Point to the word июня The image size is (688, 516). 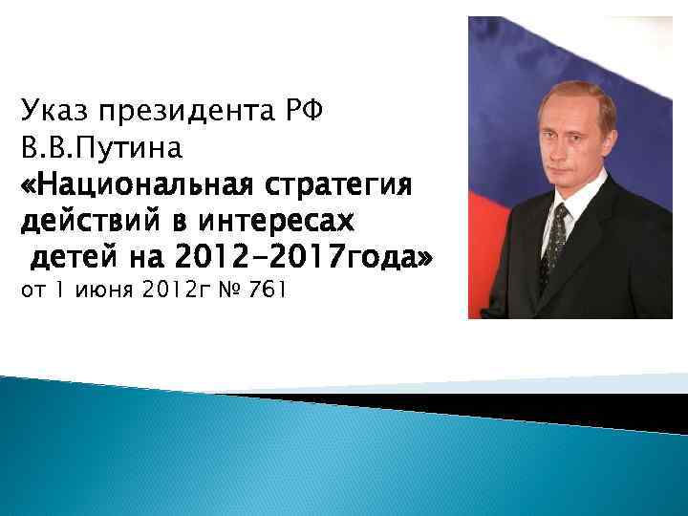coord(101,290)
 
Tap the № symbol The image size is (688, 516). coord(226,290)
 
